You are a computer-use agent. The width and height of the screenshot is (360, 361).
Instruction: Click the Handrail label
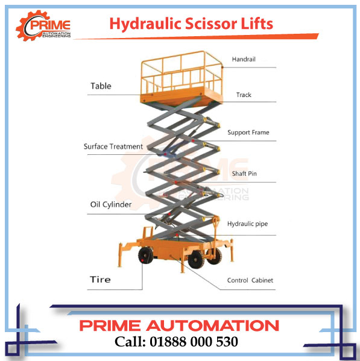[244, 60]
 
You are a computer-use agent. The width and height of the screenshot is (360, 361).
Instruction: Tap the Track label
[244, 95]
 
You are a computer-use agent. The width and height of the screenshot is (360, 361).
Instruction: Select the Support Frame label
[248, 133]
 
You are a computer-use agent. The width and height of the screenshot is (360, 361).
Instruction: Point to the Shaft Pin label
[244, 174]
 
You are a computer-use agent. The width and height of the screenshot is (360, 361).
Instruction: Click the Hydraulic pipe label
[247, 224]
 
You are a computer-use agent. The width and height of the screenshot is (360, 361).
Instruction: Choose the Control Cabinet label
[250, 280]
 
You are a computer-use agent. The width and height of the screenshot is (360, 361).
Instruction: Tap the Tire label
[100, 280]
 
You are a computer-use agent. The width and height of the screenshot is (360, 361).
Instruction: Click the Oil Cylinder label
[111, 204]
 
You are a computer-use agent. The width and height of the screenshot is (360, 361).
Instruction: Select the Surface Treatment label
[113, 146]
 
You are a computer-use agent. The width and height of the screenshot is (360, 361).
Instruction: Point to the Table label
[101, 86]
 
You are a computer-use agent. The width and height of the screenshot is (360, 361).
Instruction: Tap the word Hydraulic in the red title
[145, 25]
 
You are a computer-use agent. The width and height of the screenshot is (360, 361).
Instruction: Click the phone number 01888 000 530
[194, 342]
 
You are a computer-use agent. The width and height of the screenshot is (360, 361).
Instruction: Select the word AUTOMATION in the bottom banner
[212, 325]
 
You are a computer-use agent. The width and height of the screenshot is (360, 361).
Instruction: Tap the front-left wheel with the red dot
[145, 256]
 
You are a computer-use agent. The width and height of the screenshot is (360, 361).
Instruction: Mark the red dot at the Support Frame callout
[193, 140]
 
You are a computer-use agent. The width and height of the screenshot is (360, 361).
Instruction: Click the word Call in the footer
[130, 342]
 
